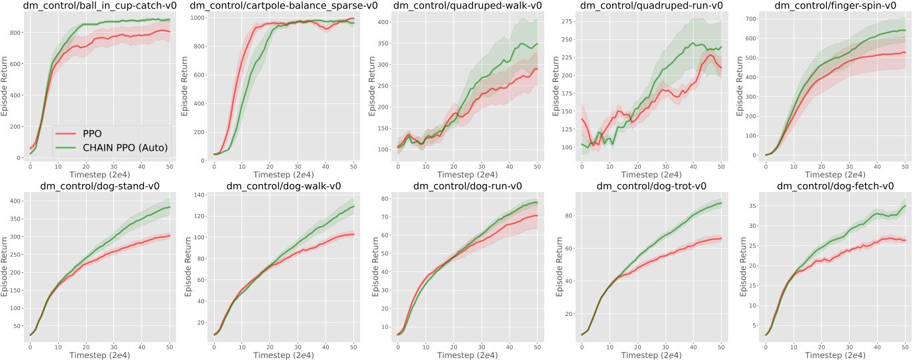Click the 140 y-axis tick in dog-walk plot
197,195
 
